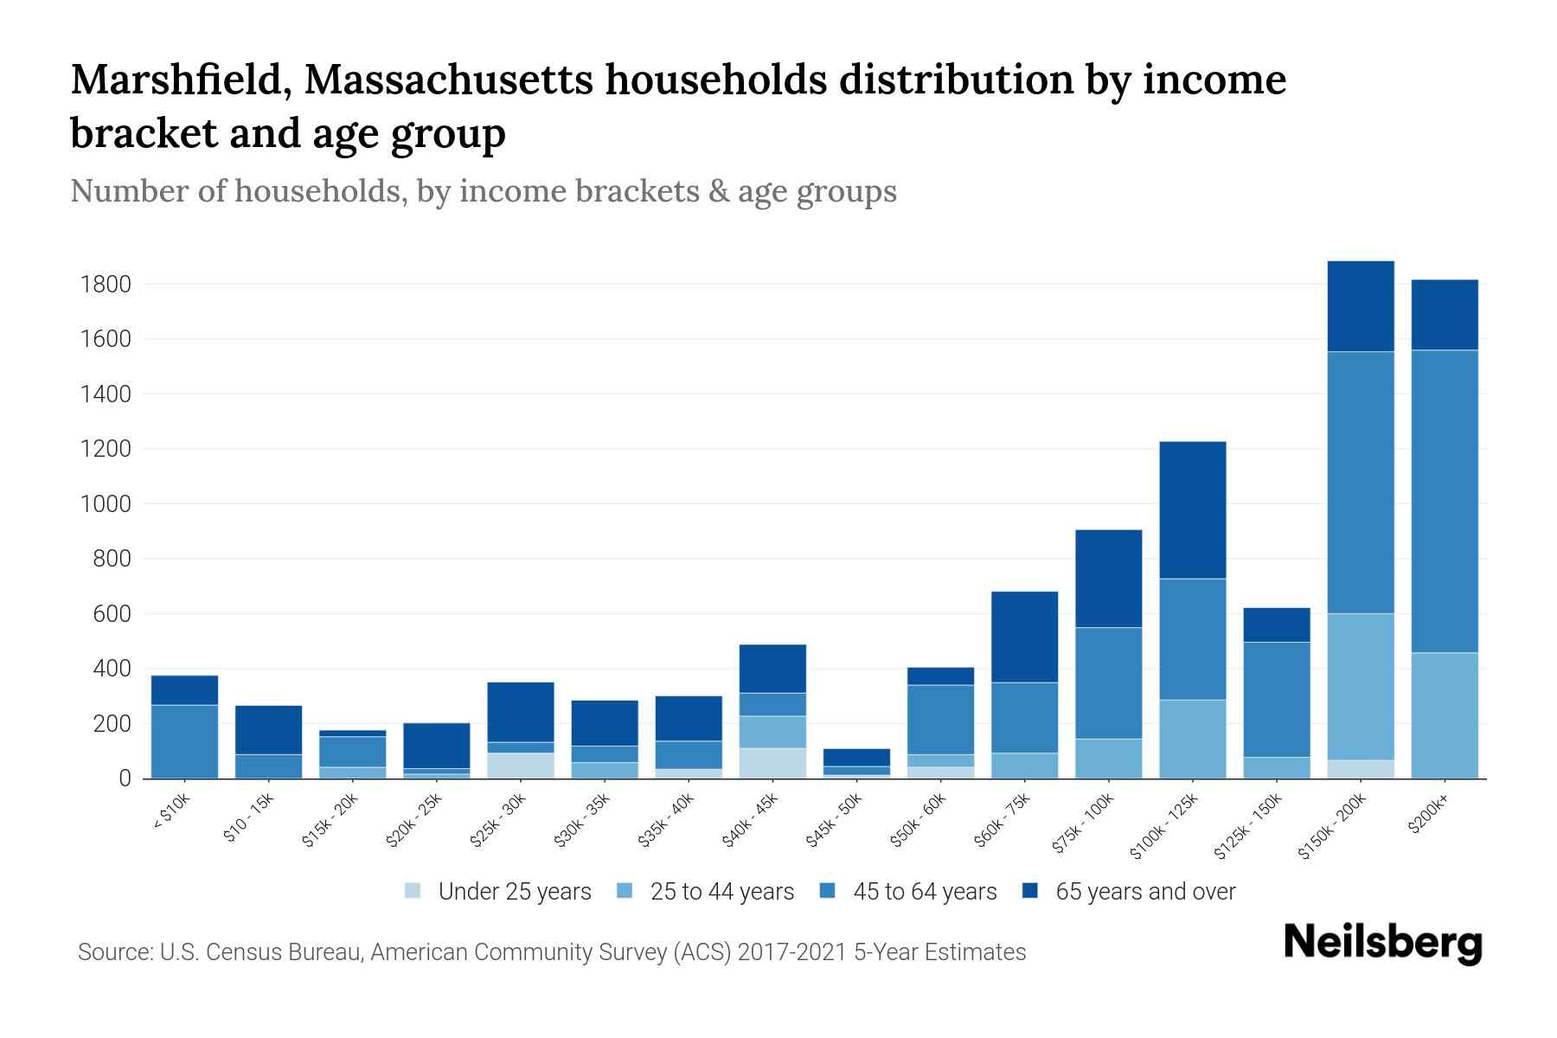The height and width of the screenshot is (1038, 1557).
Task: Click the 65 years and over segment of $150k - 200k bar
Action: point(1360,306)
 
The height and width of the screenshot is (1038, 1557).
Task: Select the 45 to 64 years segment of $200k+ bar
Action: point(1444,501)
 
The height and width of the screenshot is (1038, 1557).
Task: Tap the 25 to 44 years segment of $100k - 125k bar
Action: point(1192,739)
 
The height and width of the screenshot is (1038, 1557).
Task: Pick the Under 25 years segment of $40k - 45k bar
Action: point(772,763)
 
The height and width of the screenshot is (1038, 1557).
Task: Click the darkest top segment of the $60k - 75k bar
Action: point(1024,637)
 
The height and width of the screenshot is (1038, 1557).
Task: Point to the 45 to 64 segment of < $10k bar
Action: point(184,741)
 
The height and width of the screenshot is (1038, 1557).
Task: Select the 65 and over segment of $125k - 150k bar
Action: point(1276,625)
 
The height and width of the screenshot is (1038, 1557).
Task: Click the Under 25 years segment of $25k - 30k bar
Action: point(521,766)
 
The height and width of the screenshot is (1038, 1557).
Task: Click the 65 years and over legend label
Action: point(1145,892)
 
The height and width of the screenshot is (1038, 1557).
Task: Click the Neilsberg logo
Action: point(1382,943)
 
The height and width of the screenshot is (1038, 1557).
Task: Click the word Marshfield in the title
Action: point(179,80)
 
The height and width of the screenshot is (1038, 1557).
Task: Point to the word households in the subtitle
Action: point(318,191)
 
